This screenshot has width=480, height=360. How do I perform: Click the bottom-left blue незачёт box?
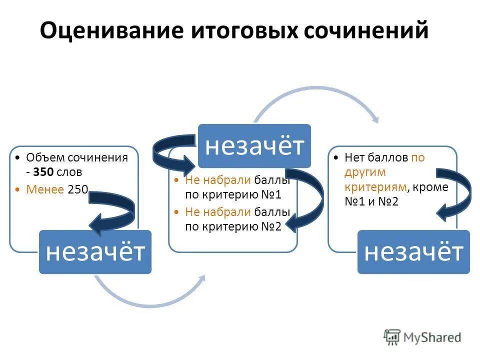(95, 252)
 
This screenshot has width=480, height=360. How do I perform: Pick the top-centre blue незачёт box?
(254, 145)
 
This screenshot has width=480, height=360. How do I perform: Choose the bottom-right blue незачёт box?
(413, 252)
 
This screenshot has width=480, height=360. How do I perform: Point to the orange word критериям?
(373, 187)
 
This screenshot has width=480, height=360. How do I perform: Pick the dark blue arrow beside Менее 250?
(114, 210)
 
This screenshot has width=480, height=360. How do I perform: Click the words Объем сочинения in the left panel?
(77, 157)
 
